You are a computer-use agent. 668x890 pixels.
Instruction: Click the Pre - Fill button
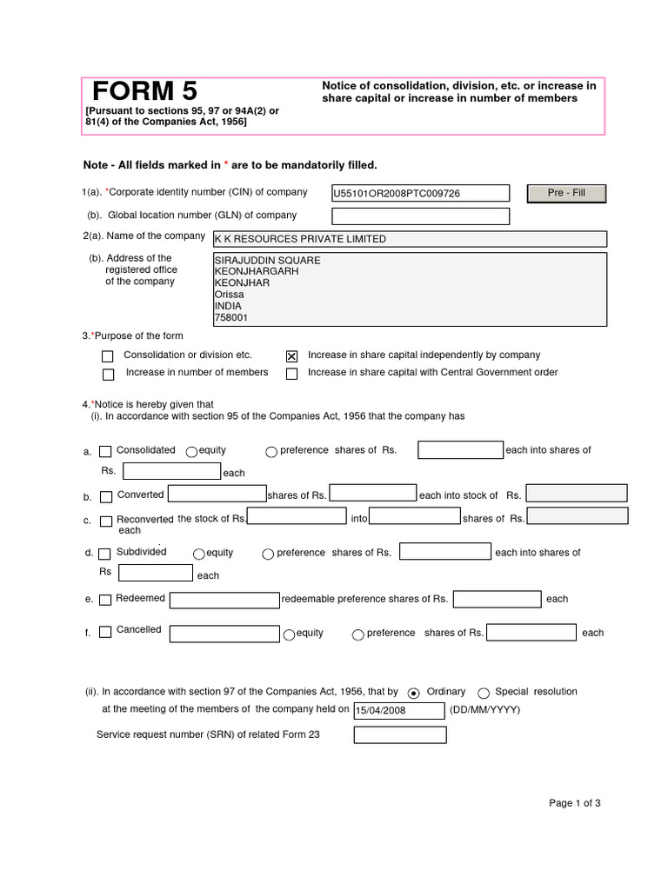[566, 193]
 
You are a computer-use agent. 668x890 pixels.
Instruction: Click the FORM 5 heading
[145, 91]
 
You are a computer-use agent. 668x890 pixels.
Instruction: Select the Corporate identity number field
[420, 193]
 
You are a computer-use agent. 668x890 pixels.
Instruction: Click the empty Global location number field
[420, 216]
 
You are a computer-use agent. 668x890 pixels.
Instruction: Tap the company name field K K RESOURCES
[410, 239]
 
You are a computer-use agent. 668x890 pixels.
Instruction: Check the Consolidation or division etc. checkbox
[108, 356]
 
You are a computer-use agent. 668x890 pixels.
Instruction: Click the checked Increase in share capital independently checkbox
[291, 356]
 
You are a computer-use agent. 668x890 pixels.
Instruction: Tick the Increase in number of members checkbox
[108, 375]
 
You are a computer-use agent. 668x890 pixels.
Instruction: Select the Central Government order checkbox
[291, 375]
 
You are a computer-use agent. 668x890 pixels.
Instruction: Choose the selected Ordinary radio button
[413, 693]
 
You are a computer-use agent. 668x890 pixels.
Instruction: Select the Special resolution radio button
[484, 693]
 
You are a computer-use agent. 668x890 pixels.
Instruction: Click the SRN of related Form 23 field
[400, 735]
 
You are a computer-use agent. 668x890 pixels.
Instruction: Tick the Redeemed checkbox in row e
[105, 600]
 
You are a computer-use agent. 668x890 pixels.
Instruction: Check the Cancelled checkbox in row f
[105, 632]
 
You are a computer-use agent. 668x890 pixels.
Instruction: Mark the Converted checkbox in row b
[105, 497]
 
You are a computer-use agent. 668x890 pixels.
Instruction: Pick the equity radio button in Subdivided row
[198, 554]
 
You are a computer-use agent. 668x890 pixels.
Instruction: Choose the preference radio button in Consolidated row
[271, 451]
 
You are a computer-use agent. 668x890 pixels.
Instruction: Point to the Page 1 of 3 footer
[574, 803]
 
